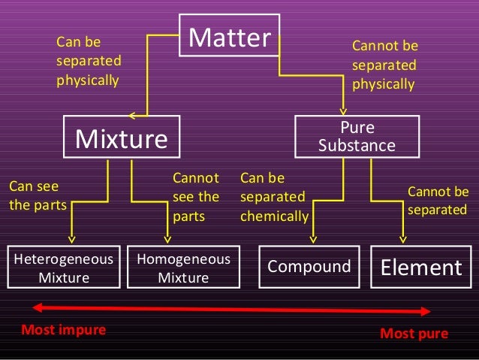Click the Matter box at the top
tap(229, 36)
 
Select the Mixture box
tap(121, 138)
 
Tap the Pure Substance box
tap(357, 136)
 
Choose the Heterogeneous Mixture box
tap(63, 268)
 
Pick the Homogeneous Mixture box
tap(184, 268)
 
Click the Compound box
tap(309, 267)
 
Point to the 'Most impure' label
tap(64, 330)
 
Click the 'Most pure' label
tap(414, 332)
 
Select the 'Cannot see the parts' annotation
tap(196, 198)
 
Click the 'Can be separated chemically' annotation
tap(274, 198)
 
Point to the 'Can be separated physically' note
tap(89, 60)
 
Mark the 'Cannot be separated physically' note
tap(384, 65)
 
